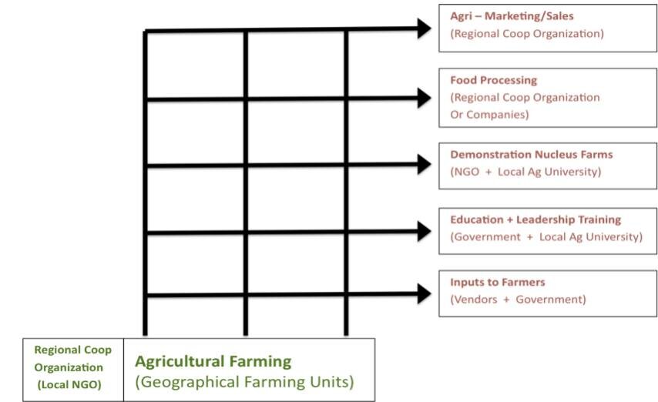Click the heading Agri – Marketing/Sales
(x=512, y=16)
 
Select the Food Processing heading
(x=493, y=80)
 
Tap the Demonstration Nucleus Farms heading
(x=532, y=155)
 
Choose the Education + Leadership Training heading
(x=535, y=219)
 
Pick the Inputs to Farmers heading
(x=497, y=282)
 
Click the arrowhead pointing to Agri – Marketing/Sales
(x=425, y=28)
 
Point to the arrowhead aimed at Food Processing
(x=425, y=98)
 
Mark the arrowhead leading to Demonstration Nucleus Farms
(x=425, y=164)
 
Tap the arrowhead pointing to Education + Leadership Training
(x=425, y=231)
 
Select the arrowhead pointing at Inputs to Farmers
(x=425, y=293)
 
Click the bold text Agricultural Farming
(x=213, y=362)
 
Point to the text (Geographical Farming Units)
(x=245, y=382)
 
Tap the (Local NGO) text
(x=69, y=385)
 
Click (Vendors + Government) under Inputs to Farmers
(x=518, y=300)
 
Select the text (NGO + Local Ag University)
(x=525, y=172)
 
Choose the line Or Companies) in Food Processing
(x=489, y=115)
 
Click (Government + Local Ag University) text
(x=546, y=237)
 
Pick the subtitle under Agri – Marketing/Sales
(x=527, y=34)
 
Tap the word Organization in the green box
(x=69, y=367)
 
